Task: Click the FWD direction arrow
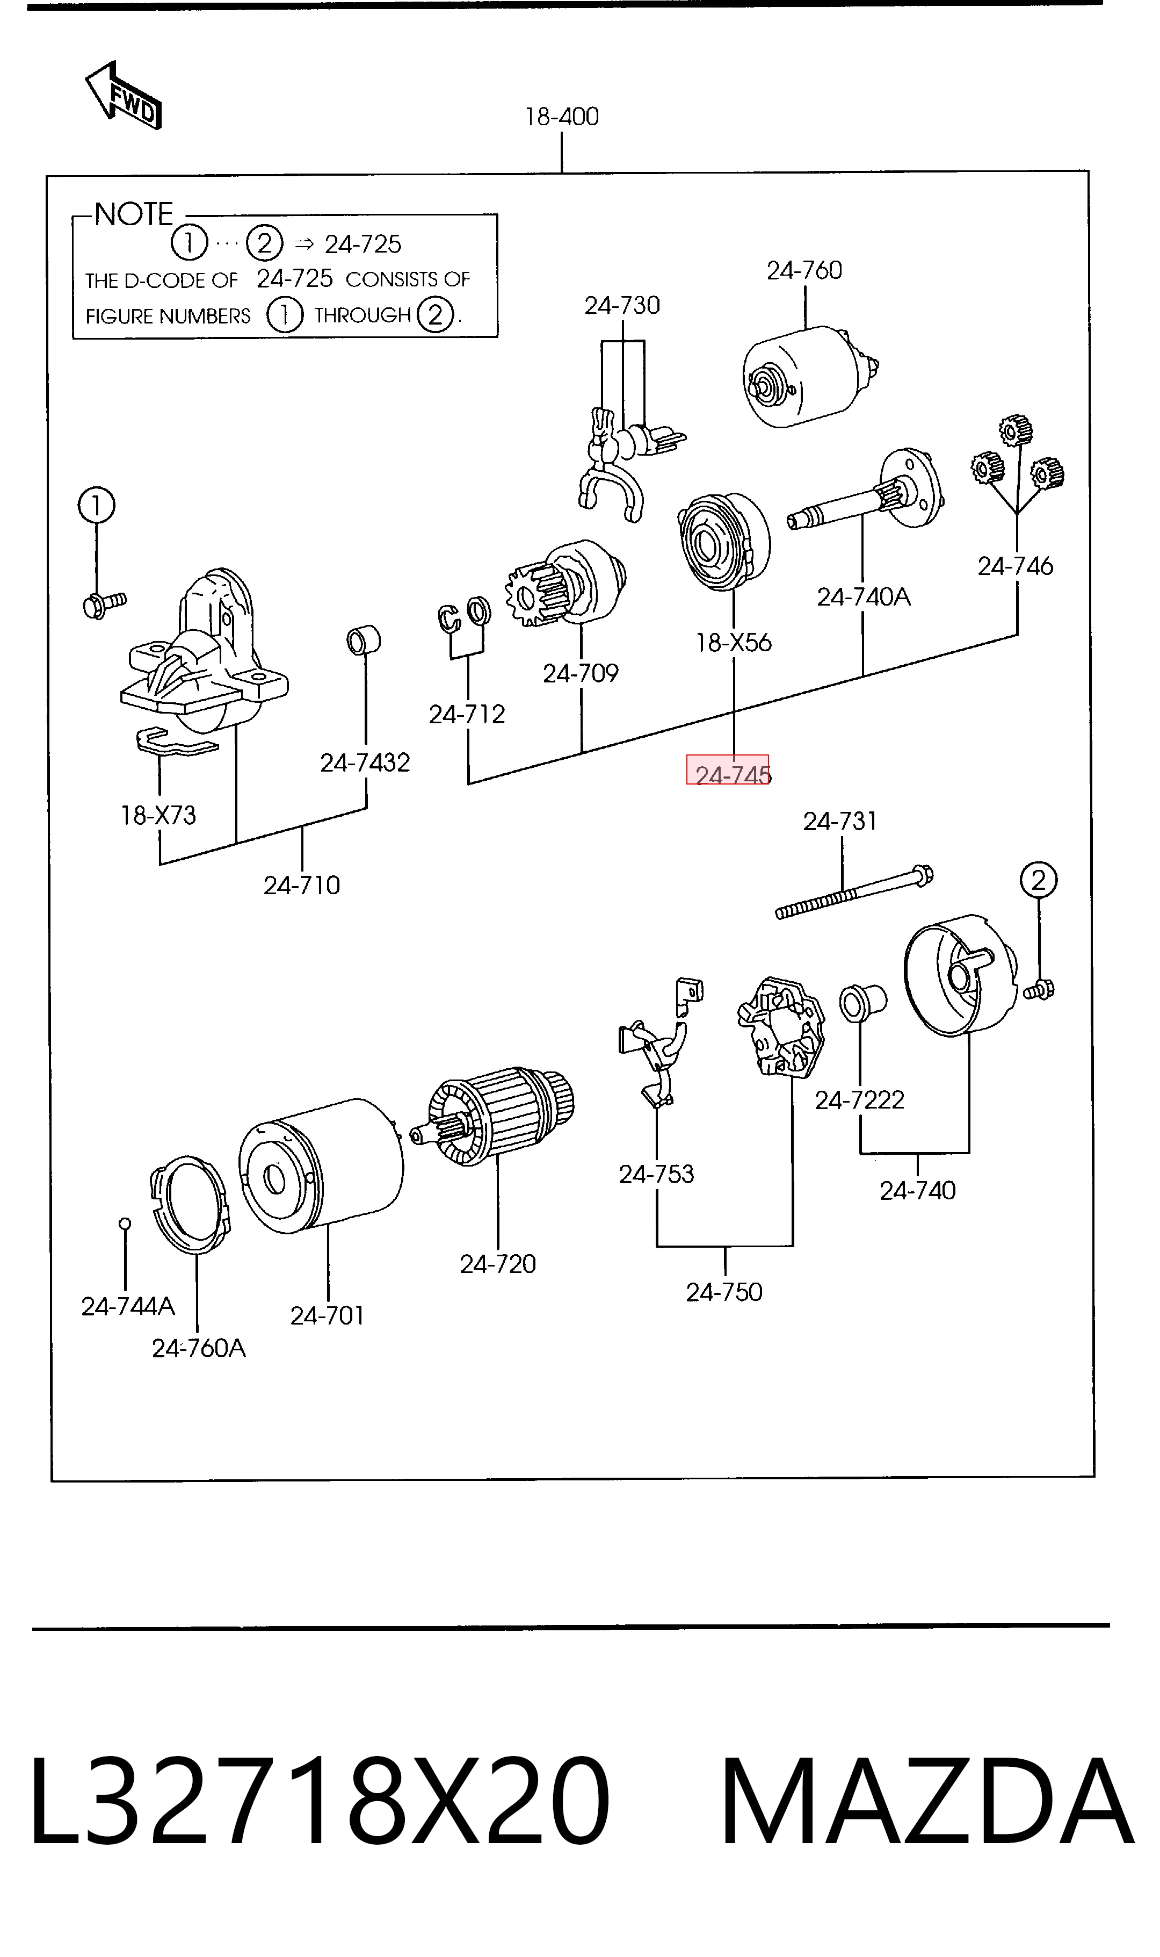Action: coord(123,96)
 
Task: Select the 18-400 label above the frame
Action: coord(562,117)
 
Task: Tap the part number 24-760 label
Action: coord(804,270)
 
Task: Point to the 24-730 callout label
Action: coord(622,305)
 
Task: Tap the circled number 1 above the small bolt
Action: coord(96,506)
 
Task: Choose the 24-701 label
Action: coord(328,1316)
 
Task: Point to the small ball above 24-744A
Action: coord(124,1224)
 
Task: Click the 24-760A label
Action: coord(199,1349)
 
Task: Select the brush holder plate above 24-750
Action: coord(781,1026)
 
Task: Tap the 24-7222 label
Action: coord(859,1100)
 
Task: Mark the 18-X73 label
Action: coord(158,816)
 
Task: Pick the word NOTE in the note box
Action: coord(134,214)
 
